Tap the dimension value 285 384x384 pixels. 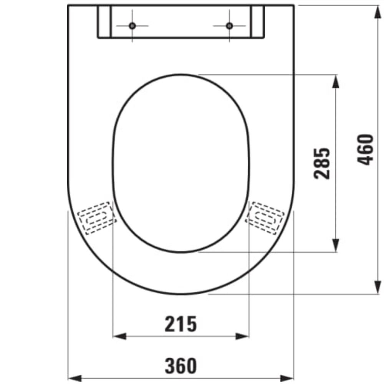point(322,163)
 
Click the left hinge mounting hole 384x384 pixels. point(132,26)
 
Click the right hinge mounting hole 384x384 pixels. point(229,26)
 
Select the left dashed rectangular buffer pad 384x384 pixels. point(96,217)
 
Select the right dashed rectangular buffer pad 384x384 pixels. point(265,217)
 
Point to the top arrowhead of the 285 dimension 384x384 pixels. point(336,81)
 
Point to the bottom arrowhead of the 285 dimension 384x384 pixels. point(336,245)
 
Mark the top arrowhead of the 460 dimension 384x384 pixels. point(378,12)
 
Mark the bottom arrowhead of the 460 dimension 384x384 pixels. point(378,287)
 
